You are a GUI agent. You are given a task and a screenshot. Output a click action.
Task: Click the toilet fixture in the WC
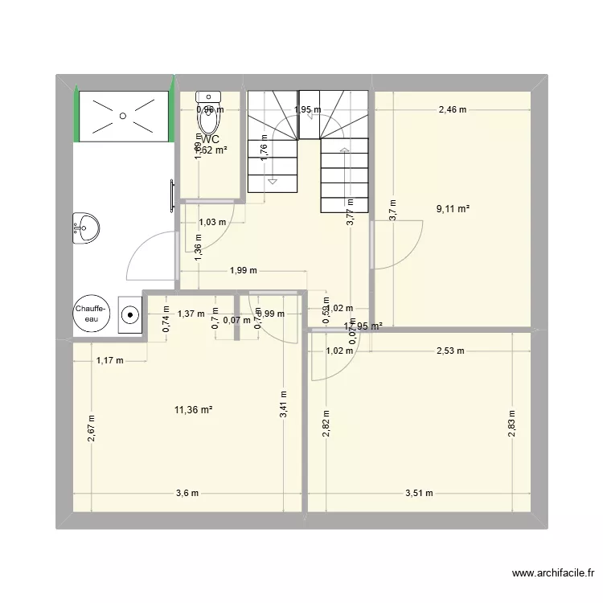click(209, 117)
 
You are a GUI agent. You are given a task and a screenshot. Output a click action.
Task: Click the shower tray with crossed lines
click(123, 116)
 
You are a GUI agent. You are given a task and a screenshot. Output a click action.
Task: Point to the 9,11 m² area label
click(453, 208)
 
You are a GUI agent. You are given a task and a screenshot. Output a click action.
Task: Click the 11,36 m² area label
click(193, 410)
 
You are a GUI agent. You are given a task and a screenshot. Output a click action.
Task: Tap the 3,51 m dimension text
click(419, 494)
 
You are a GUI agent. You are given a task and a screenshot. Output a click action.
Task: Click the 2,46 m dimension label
click(452, 110)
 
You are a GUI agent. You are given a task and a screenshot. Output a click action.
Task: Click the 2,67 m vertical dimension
click(92, 428)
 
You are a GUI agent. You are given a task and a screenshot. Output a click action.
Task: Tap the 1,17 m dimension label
click(109, 360)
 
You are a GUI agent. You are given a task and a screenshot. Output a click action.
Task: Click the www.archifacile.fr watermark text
click(553, 574)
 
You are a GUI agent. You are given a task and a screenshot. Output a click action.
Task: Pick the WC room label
click(211, 139)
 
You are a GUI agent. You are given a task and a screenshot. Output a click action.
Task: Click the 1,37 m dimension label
click(191, 314)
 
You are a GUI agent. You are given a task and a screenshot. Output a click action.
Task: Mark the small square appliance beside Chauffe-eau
click(129, 314)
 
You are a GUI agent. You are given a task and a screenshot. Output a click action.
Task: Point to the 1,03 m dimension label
click(212, 222)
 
